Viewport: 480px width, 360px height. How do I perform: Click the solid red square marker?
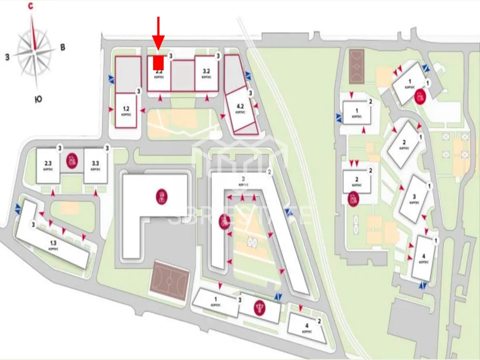click(158, 62)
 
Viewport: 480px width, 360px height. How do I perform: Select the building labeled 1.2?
click(126, 110)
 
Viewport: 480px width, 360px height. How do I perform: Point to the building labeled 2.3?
click(48, 165)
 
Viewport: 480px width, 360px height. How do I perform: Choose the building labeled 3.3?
click(96, 165)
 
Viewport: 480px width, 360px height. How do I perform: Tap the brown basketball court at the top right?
click(360, 67)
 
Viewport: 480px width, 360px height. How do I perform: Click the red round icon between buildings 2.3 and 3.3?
click(72, 161)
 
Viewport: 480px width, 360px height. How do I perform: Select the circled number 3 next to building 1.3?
click(33, 225)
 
